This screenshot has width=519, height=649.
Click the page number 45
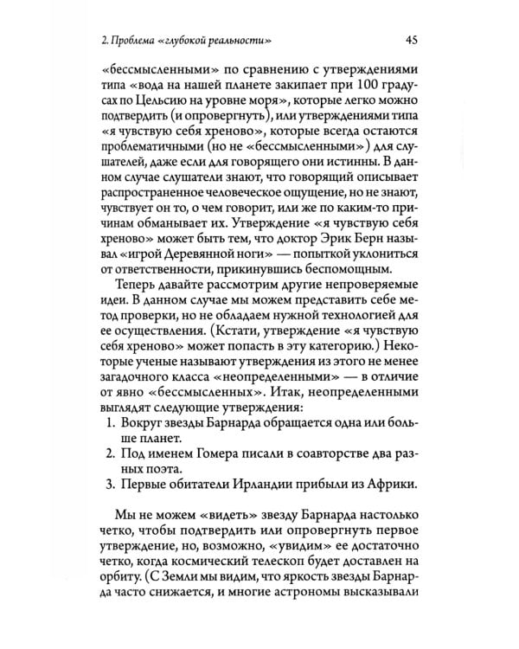coord(413,41)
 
